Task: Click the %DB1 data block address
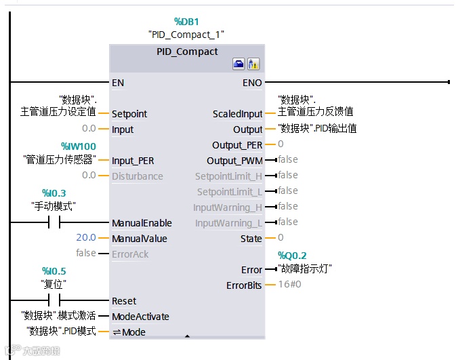(186, 22)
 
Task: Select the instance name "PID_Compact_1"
(186, 34)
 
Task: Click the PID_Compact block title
(187, 52)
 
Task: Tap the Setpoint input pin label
(129, 114)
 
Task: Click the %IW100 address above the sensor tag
(78, 146)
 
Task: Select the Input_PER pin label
(133, 161)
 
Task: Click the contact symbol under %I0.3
(54, 223)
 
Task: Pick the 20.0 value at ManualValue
(85, 239)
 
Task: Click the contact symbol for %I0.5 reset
(54, 301)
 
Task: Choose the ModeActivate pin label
(140, 317)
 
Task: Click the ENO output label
(252, 83)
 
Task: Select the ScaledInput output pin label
(237, 114)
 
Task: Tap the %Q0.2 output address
(292, 255)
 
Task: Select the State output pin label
(251, 239)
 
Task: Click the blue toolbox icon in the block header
(239, 64)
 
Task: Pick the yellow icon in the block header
(253, 64)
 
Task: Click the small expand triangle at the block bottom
(187, 336)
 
